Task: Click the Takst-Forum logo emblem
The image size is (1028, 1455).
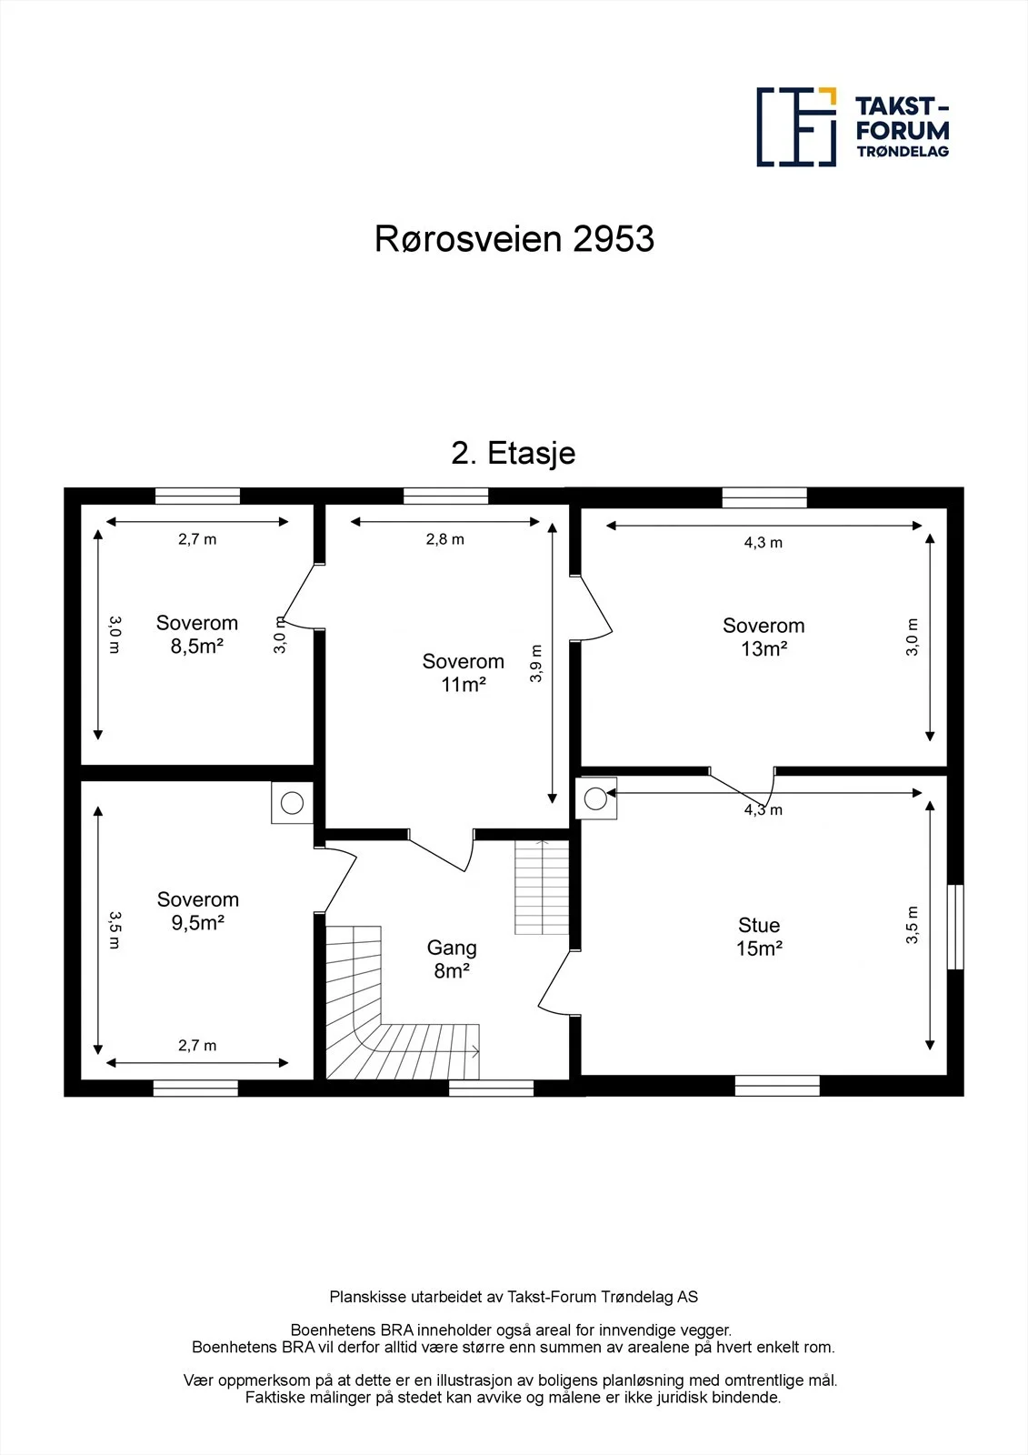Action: pos(796,126)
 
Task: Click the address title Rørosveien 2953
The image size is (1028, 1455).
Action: pos(514,239)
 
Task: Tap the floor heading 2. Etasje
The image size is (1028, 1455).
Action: pos(513,453)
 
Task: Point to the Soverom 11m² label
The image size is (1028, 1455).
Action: pos(463,673)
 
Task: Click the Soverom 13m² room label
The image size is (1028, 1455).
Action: pos(764,637)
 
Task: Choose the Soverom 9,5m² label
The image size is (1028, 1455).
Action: pos(197,910)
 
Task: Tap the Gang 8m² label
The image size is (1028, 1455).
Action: pos(452,958)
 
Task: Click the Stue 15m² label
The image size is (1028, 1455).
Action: pos(758,937)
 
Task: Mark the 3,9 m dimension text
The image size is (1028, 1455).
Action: pos(535,663)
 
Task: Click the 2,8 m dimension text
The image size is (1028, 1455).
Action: pos(444,539)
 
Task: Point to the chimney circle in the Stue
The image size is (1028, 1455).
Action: pos(595,798)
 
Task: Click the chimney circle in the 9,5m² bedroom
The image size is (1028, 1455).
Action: pos(292,803)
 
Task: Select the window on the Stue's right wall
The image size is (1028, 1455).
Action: pos(954,927)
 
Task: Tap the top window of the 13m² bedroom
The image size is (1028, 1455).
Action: pos(764,497)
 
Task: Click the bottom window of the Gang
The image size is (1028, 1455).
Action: pos(491,1088)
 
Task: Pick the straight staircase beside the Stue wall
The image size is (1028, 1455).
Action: pos(542,888)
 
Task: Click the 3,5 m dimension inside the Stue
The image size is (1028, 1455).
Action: pos(912,925)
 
